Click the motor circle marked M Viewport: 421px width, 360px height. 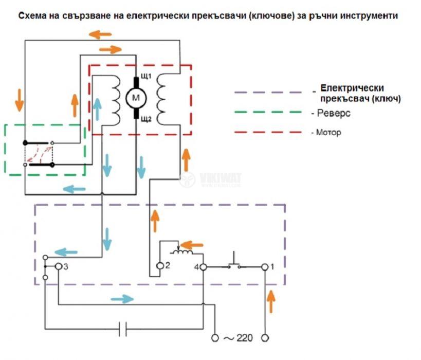click(136, 97)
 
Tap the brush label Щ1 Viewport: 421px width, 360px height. click(145, 77)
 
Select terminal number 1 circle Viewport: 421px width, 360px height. click(265, 267)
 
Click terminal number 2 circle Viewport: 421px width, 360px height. click(160, 266)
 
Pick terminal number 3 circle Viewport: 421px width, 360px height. click(59, 266)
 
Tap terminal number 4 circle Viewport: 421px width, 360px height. click(204, 267)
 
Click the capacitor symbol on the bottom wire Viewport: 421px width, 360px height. click(123, 328)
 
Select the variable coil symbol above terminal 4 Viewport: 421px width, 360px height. click(184, 253)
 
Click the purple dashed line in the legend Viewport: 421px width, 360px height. click(267, 93)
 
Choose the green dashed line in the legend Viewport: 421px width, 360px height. click(267, 113)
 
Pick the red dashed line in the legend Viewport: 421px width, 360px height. click(267, 132)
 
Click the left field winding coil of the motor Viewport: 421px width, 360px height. click(114, 97)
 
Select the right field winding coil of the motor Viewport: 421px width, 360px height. click(163, 96)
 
